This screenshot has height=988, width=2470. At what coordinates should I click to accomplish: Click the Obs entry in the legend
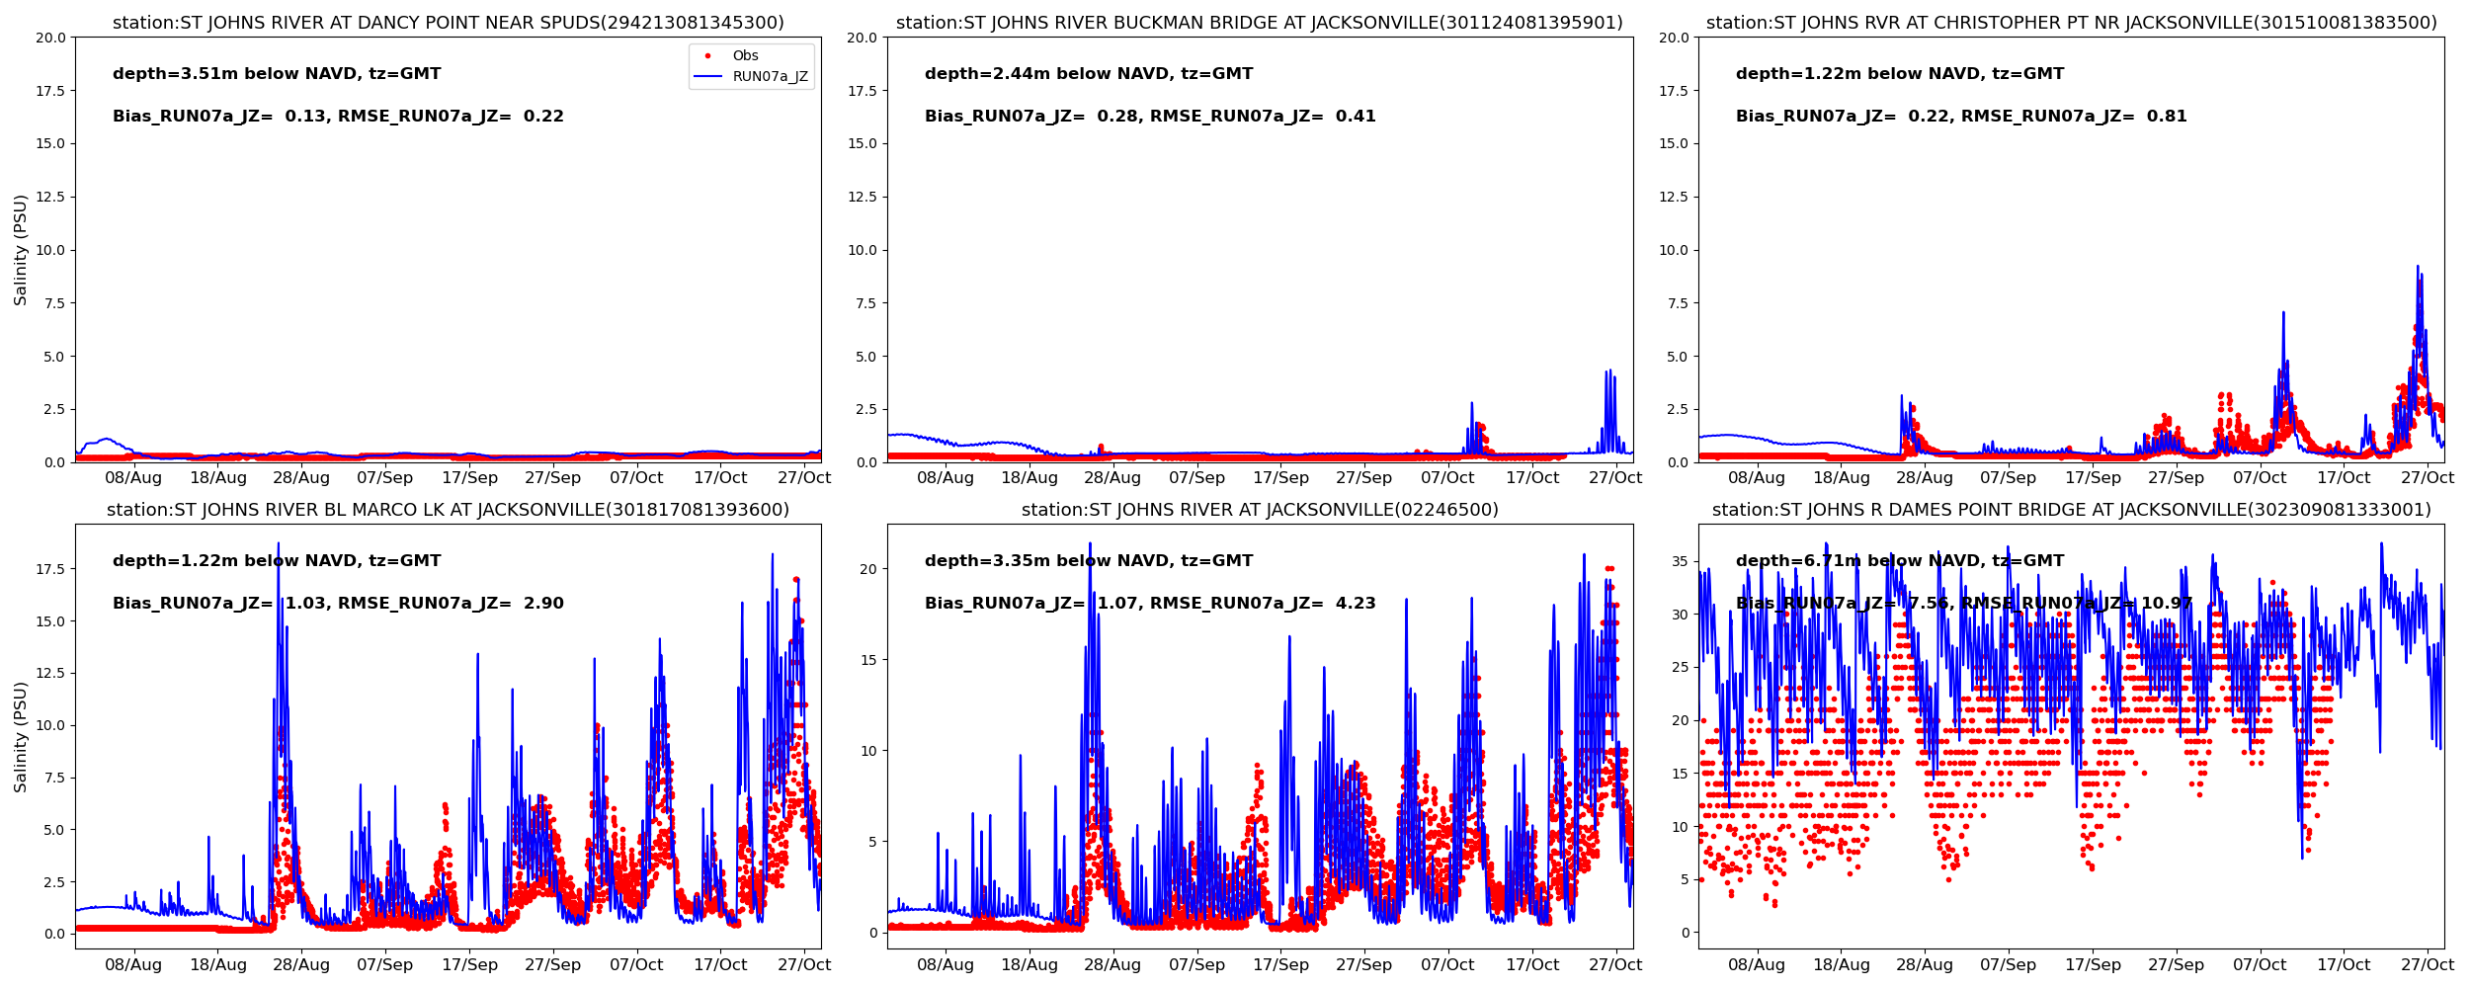click(745, 56)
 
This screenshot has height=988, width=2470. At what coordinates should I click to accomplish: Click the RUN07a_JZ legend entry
click(770, 77)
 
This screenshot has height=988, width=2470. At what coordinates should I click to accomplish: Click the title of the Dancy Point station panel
click(448, 23)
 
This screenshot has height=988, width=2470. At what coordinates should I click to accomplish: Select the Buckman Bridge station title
click(1259, 23)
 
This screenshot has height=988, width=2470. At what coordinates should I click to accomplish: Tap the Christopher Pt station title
click(2071, 23)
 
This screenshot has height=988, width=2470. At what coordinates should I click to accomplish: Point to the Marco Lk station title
click(448, 510)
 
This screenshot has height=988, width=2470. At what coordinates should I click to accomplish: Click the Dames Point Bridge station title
click(2071, 510)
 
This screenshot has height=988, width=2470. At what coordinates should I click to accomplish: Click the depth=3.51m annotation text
click(277, 74)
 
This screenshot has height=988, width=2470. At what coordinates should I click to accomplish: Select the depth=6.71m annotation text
click(1899, 561)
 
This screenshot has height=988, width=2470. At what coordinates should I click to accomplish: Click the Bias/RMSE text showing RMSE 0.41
click(1150, 117)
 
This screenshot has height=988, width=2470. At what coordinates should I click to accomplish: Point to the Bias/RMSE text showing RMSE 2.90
click(338, 604)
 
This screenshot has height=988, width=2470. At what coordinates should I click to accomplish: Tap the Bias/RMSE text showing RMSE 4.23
click(1150, 604)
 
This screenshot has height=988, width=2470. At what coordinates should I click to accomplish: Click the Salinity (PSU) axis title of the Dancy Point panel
click(21, 250)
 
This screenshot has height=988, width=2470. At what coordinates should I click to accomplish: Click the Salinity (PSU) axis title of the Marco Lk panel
click(21, 736)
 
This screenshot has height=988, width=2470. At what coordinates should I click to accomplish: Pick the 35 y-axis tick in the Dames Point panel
click(1680, 562)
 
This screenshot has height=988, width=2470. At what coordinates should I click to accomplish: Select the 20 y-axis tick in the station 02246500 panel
click(868, 569)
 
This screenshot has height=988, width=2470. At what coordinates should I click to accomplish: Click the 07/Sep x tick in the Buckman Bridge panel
click(1196, 478)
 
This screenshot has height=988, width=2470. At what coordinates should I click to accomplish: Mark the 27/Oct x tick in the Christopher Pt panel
click(2427, 478)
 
